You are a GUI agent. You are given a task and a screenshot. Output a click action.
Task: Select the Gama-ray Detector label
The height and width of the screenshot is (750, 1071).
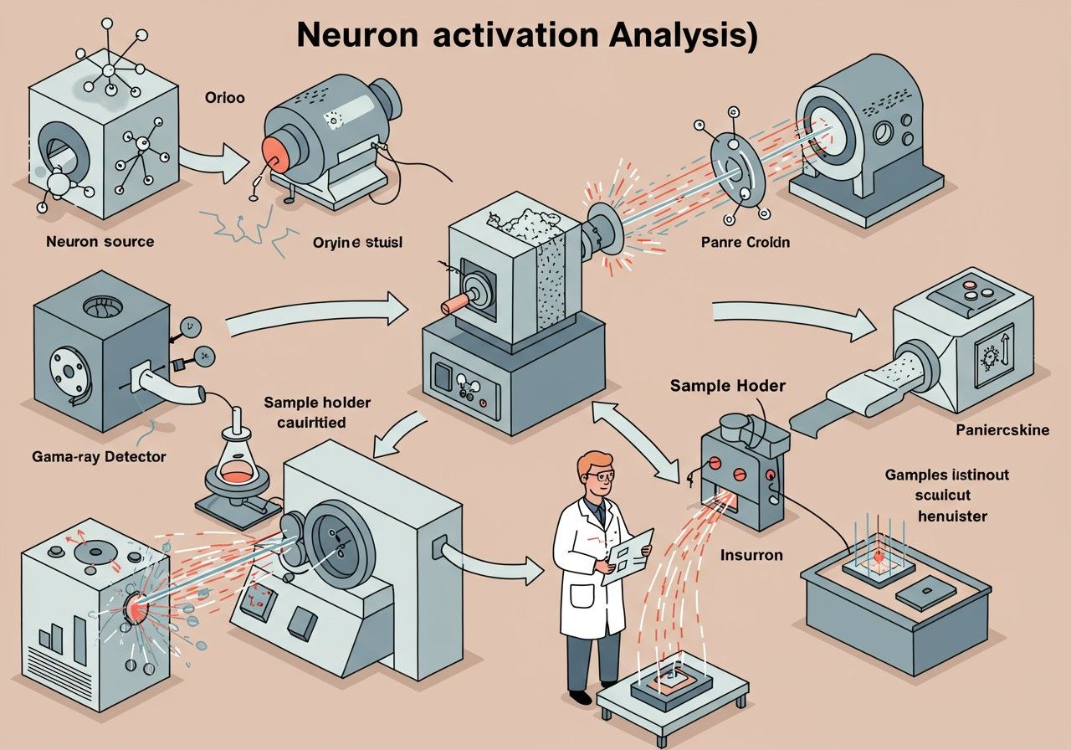point(99,457)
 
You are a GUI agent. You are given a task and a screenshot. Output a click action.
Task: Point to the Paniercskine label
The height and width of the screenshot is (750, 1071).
point(1002,432)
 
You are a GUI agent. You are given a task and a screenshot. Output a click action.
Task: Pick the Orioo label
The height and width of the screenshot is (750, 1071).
point(225,97)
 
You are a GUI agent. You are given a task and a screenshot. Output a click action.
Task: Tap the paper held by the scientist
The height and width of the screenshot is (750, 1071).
point(628,554)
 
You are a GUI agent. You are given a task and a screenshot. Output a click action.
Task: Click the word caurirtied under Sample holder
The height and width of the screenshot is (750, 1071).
point(313,422)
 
